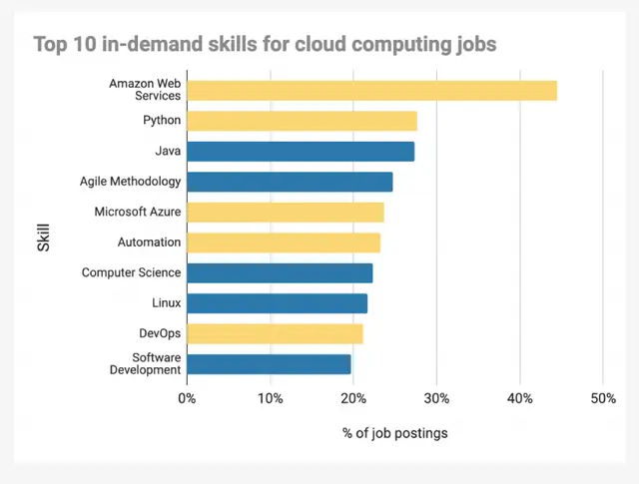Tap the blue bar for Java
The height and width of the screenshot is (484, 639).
(301, 152)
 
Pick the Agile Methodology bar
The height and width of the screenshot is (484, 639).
(290, 182)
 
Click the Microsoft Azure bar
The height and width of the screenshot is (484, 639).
(285, 212)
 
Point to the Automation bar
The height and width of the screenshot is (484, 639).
(284, 242)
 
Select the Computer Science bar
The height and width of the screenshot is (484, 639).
(280, 272)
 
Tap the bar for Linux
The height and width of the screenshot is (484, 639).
(277, 303)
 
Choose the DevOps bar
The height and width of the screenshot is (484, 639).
(275, 333)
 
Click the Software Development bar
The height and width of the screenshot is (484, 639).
(269, 363)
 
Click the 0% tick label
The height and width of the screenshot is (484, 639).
(187, 399)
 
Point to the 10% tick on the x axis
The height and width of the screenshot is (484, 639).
(270, 399)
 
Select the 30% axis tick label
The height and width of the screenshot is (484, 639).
(436, 399)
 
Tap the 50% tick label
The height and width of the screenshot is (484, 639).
(602, 399)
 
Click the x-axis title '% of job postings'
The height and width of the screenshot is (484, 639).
(394, 433)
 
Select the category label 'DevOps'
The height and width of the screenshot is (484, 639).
(160, 333)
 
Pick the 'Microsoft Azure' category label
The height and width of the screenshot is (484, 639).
(138, 212)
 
